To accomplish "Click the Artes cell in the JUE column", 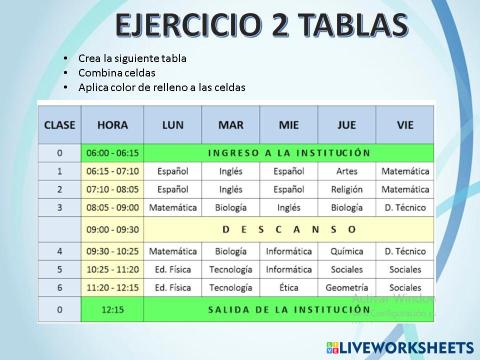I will (347, 171).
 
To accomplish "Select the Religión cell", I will (347, 189).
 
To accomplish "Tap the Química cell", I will (347, 250).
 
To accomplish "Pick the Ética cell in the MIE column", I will (289, 288).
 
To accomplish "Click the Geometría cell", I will (347, 288).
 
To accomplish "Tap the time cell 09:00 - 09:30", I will (113, 229).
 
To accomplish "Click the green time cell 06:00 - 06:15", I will (113, 153).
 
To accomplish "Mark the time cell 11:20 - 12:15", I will (113, 288).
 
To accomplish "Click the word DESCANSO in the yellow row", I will (289, 229).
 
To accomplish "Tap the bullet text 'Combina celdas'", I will (119, 73).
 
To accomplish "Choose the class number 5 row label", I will (60, 269).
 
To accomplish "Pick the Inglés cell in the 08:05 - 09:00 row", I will (289, 208).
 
